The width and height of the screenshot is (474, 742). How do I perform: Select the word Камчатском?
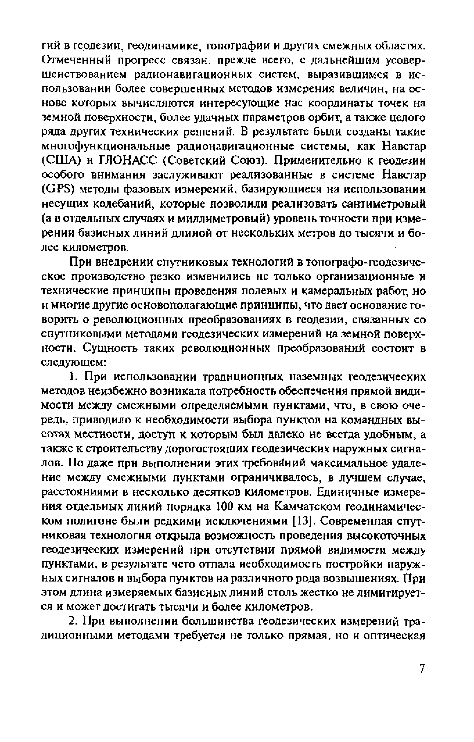coord(308,507)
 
